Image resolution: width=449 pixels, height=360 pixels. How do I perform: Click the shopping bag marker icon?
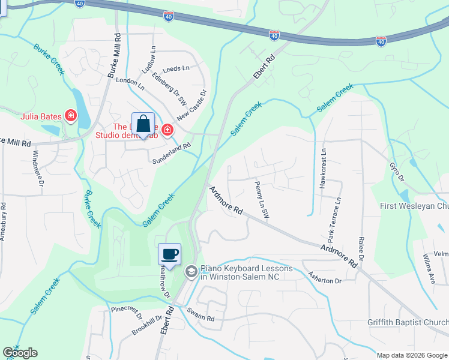click(143, 125)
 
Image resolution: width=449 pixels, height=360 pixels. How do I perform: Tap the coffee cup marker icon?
click(170, 254)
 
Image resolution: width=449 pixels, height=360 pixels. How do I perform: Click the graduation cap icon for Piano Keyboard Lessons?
click(191, 272)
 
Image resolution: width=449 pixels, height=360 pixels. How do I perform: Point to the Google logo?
click(20, 353)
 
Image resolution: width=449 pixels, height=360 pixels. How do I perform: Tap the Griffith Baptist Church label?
click(408, 322)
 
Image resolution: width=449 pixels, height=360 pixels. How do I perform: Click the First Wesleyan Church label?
click(414, 206)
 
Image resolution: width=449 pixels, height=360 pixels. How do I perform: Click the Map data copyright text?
click(411, 355)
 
